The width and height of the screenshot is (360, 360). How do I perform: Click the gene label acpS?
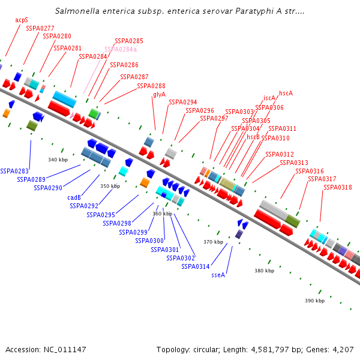tap(22, 20)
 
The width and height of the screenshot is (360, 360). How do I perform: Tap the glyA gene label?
tap(159, 94)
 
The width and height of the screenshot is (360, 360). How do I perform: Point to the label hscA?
tap(286, 93)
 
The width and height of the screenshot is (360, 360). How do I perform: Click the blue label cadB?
tap(74, 197)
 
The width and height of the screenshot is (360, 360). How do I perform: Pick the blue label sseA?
tap(218, 275)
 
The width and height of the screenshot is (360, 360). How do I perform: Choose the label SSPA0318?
tap(338, 187)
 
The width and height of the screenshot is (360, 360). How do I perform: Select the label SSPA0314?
tap(196, 266)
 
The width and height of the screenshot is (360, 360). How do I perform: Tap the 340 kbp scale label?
tap(58, 160)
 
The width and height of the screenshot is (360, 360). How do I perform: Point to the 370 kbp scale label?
tap(213, 242)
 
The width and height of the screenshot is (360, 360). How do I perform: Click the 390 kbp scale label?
tap(314, 301)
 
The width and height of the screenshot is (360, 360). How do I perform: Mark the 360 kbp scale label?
tap(162, 214)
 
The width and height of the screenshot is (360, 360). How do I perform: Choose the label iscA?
tap(269, 98)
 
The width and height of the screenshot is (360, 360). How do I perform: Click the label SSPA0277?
tap(40, 28)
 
